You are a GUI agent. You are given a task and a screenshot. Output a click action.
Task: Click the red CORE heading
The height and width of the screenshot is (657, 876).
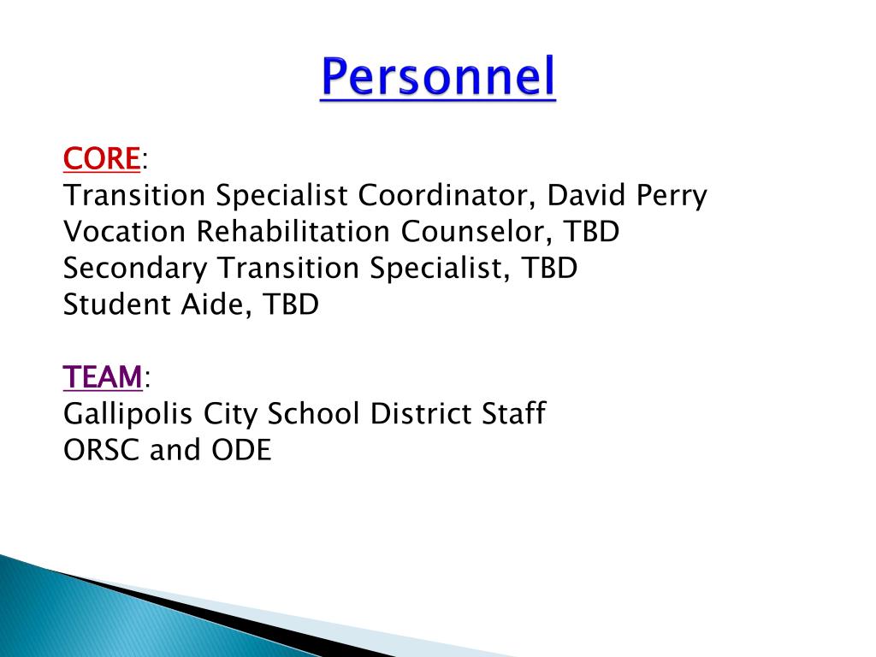[102, 158]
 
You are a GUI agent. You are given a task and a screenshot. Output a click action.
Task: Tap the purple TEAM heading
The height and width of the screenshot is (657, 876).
[103, 377]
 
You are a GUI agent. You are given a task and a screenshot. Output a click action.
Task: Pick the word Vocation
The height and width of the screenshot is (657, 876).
[124, 231]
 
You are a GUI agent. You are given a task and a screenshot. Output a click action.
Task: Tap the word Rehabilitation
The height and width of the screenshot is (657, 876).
[293, 231]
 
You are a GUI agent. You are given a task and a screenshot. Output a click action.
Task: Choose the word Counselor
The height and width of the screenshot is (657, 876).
[476, 233]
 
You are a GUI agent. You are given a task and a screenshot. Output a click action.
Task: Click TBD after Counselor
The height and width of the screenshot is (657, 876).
[591, 232]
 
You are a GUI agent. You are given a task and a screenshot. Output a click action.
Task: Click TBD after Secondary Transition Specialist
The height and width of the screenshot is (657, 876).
[549, 268]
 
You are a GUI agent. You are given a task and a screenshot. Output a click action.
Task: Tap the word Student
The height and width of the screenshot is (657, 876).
[116, 305]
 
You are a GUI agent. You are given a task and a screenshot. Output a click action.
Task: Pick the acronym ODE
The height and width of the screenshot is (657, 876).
[241, 450]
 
